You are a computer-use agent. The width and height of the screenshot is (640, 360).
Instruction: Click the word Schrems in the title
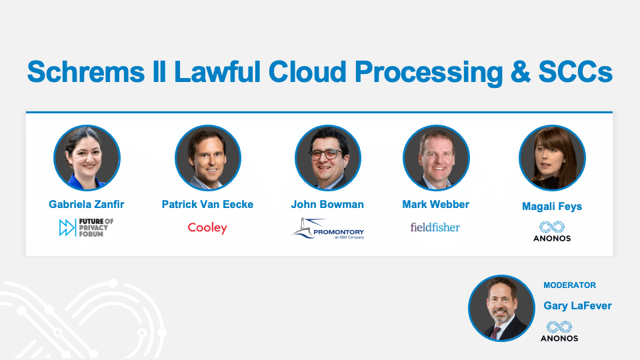click(x=86, y=71)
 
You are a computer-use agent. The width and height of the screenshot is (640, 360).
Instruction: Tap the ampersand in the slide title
click(x=521, y=72)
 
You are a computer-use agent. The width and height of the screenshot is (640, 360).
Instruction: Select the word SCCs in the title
click(x=575, y=72)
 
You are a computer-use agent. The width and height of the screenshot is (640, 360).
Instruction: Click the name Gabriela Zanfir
click(x=87, y=204)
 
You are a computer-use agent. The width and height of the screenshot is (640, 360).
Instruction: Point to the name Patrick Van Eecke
click(x=207, y=204)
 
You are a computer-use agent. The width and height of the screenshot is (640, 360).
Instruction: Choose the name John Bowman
click(x=327, y=204)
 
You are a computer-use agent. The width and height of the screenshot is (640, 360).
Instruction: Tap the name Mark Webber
click(x=435, y=204)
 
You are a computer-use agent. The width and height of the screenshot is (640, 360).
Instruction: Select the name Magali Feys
click(x=552, y=207)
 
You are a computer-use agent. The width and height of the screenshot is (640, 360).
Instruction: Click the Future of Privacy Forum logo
click(x=86, y=227)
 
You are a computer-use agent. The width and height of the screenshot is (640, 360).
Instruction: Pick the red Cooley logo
click(x=207, y=228)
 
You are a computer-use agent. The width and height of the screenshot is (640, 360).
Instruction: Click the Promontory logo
click(x=328, y=229)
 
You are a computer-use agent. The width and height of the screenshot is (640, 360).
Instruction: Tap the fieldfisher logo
click(x=435, y=227)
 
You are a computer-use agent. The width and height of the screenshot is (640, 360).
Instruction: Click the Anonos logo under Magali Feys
click(x=552, y=231)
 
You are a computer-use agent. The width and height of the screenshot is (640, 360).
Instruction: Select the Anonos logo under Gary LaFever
click(x=559, y=331)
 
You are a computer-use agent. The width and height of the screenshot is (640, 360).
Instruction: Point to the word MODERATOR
click(x=569, y=285)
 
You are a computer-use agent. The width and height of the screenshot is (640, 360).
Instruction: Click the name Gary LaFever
click(x=577, y=306)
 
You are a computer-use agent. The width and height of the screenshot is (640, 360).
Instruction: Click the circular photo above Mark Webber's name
click(x=436, y=157)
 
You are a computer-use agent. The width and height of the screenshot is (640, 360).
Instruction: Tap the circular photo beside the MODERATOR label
click(x=501, y=308)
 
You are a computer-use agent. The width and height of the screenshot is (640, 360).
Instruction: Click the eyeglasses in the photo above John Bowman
click(x=326, y=154)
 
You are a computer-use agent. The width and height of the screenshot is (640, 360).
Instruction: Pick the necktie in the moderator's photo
click(x=495, y=333)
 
